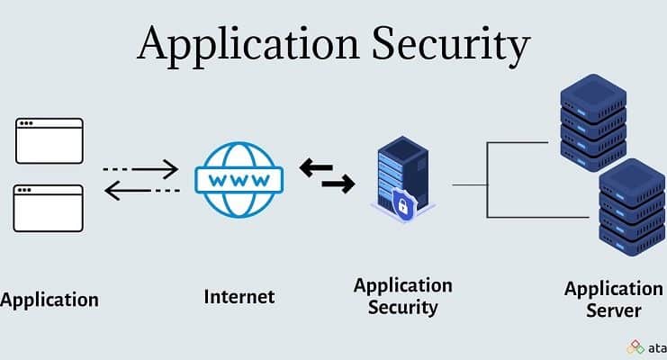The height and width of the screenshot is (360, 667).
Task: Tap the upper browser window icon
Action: (50, 139)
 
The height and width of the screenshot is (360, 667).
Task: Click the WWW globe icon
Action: (239, 178)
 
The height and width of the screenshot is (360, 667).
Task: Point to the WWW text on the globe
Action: (239, 178)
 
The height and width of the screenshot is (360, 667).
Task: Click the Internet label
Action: (239, 296)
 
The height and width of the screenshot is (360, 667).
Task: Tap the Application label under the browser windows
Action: (49, 299)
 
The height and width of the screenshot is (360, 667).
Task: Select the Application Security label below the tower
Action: (402, 296)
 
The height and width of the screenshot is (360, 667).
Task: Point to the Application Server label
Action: (613, 299)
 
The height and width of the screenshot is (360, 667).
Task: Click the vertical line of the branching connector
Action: (487, 180)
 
